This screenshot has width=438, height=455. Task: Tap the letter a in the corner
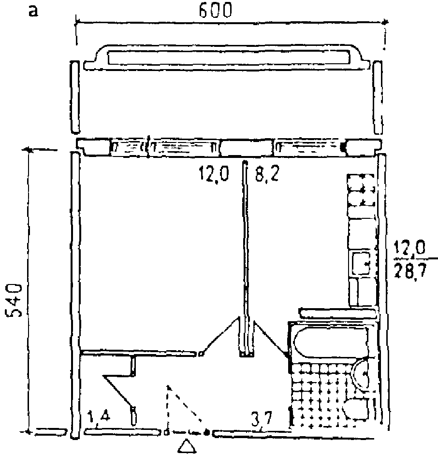tap(33, 11)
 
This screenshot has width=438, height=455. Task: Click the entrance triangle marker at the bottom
tap(187, 446)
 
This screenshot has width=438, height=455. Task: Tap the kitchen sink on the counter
tap(360, 263)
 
